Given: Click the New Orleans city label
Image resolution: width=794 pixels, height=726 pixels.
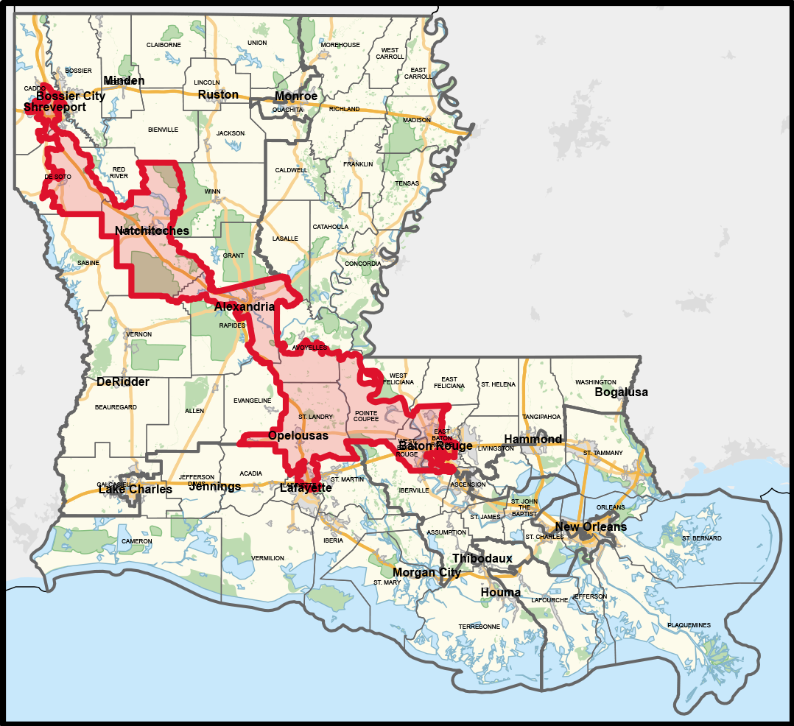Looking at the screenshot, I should [x=591, y=526].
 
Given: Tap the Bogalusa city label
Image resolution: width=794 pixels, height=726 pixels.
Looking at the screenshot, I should [x=621, y=392].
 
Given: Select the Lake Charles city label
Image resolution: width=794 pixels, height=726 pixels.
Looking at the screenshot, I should [x=135, y=489].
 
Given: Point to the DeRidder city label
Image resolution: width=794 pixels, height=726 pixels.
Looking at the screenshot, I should [x=122, y=381].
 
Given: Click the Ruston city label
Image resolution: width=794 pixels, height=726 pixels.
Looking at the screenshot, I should [x=218, y=94].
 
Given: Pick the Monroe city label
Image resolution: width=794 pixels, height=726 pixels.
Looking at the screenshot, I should [x=296, y=96].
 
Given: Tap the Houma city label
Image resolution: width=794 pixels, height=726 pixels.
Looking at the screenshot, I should [x=500, y=592].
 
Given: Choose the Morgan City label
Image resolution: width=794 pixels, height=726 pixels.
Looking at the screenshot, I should [x=426, y=572].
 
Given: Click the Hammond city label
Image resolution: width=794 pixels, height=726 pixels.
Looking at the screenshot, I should [x=533, y=439].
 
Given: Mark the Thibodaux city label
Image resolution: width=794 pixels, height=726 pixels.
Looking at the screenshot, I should [x=482, y=558].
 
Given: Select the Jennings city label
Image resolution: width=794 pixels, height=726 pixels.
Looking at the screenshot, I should [x=214, y=486].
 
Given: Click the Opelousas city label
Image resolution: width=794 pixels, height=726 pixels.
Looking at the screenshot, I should [x=298, y=435].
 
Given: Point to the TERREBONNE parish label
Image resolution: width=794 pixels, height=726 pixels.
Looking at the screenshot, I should [x=479, y=627].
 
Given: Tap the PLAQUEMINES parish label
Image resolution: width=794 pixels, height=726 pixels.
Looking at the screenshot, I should [x=689, y=625].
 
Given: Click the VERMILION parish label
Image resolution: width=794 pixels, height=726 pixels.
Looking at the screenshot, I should [x=267, y=558].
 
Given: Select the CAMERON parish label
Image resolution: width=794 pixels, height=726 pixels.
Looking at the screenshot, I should [x=136, y=541].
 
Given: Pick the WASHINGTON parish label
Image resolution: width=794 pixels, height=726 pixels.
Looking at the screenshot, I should [x=595, y=382].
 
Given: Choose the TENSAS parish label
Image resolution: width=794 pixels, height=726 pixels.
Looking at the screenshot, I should [x=407, y=183].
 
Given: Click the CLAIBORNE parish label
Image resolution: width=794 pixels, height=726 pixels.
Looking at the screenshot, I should [x=164, y=45].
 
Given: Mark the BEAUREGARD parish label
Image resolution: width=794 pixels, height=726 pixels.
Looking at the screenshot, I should [x=116, y=407].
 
